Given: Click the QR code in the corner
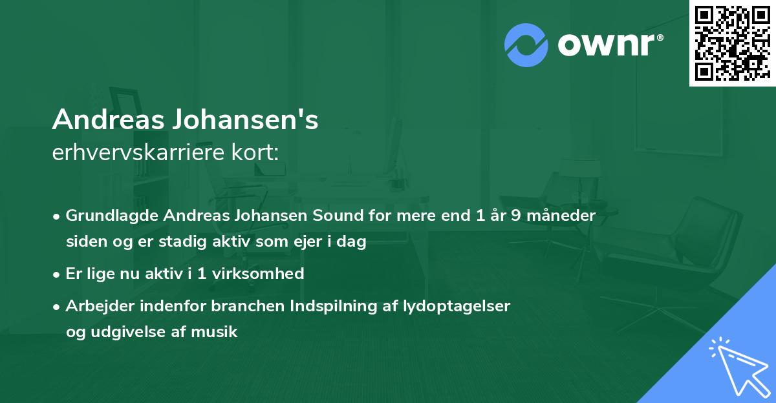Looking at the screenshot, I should point(732,43).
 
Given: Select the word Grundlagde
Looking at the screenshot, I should point(105,216).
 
